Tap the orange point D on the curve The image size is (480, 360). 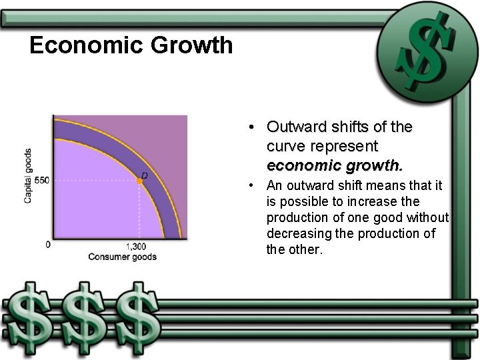(x=140, y=181)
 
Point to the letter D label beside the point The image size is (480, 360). (x=144, y=175)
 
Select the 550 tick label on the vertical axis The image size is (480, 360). (x=42, y=181)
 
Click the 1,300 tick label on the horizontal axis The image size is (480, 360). (x=135, y=247)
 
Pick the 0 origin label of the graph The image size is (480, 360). (x=47, y=245)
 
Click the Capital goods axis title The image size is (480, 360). (x=28, y=175)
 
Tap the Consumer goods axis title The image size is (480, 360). (x=122, y=257)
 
